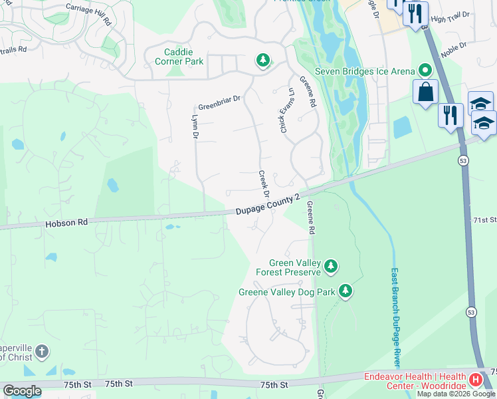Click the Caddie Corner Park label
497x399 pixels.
[x=192, y=57]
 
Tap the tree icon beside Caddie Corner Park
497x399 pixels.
[x=263, y=61]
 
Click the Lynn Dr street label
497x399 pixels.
[x=195, y=127]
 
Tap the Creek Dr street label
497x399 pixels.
[x=263, y=184]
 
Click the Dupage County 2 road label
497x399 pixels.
[x=272, y=203]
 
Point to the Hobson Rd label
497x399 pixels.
[x=66, y=224]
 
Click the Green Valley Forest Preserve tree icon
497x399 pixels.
[x=331, y=267]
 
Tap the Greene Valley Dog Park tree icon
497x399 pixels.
[x=345, y=291]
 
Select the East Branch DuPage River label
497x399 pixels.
[x=395, y=317]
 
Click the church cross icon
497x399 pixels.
[x=41, y=351]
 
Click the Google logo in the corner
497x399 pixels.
[x=22, y=391]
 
